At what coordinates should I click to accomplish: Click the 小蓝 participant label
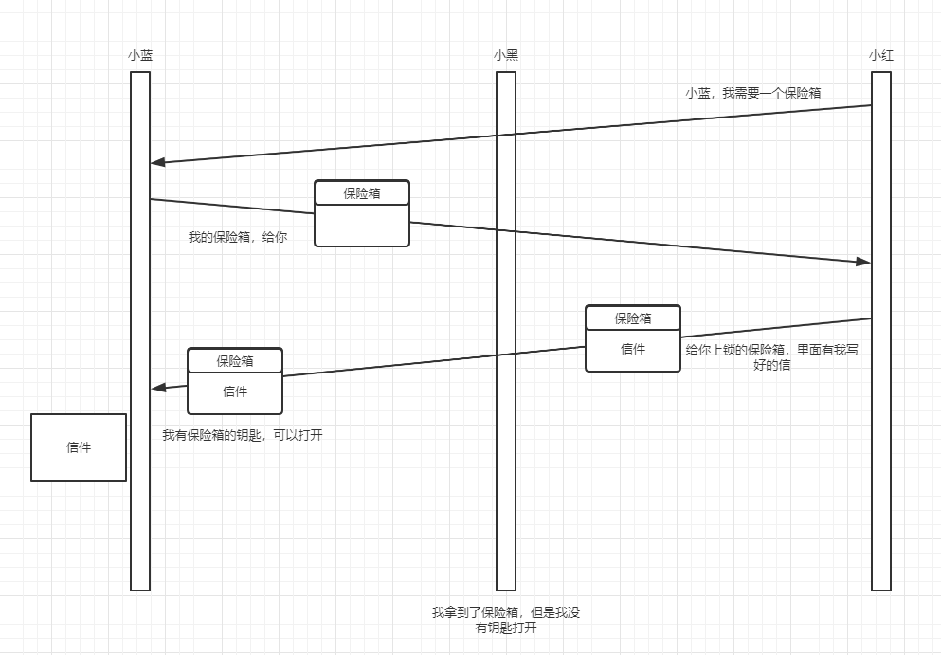tap(140, 55)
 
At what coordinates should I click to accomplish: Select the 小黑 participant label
tap(506, 55)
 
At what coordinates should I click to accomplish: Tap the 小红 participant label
tap(881, 55)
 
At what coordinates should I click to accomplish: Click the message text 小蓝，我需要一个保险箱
tap(753, 93)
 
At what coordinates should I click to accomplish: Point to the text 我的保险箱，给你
tap(238, 238)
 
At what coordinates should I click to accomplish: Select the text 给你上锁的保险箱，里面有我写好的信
tap(771, 356)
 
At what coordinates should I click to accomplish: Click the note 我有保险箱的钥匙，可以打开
tap(243, 436)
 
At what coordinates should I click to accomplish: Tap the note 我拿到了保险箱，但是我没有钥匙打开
tap(506, 620)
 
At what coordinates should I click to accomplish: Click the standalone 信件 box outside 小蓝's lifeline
tap(79, 447)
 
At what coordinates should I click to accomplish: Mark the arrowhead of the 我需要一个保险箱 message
tap(157, 163)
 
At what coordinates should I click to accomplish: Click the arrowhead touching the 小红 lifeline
tap(863, 262)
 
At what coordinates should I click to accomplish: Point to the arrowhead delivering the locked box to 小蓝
tap(158, 388)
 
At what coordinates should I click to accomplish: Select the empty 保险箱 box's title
tap(362, 193)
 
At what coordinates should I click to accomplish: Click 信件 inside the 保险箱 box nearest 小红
tap(633, 349)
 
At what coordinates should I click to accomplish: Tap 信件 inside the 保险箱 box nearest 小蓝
tap(235, 391)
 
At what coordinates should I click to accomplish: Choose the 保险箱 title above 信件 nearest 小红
tap(633, 318)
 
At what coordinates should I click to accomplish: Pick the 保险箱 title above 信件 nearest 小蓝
tap(235, 361)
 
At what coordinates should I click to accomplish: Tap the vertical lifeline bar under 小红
tap(881, 474)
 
